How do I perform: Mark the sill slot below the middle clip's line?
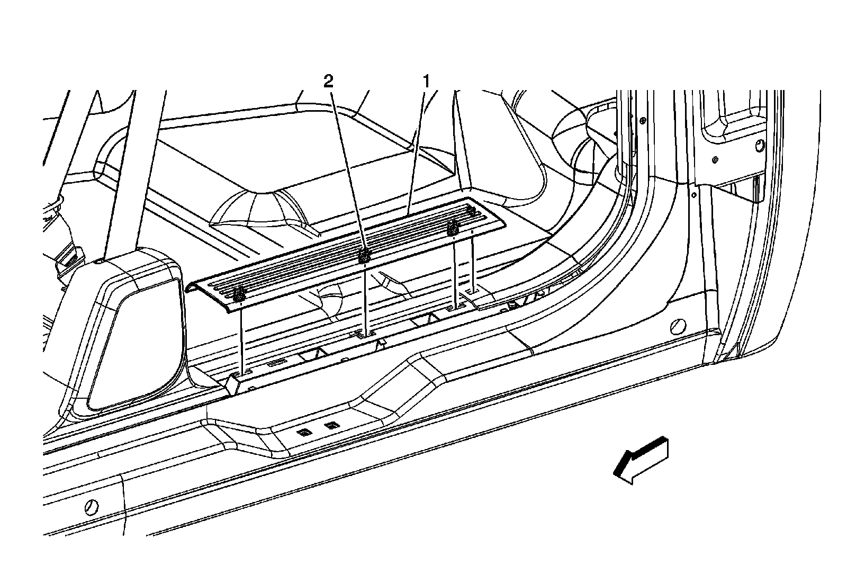(365, 334)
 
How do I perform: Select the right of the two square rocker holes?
(332, 426)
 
